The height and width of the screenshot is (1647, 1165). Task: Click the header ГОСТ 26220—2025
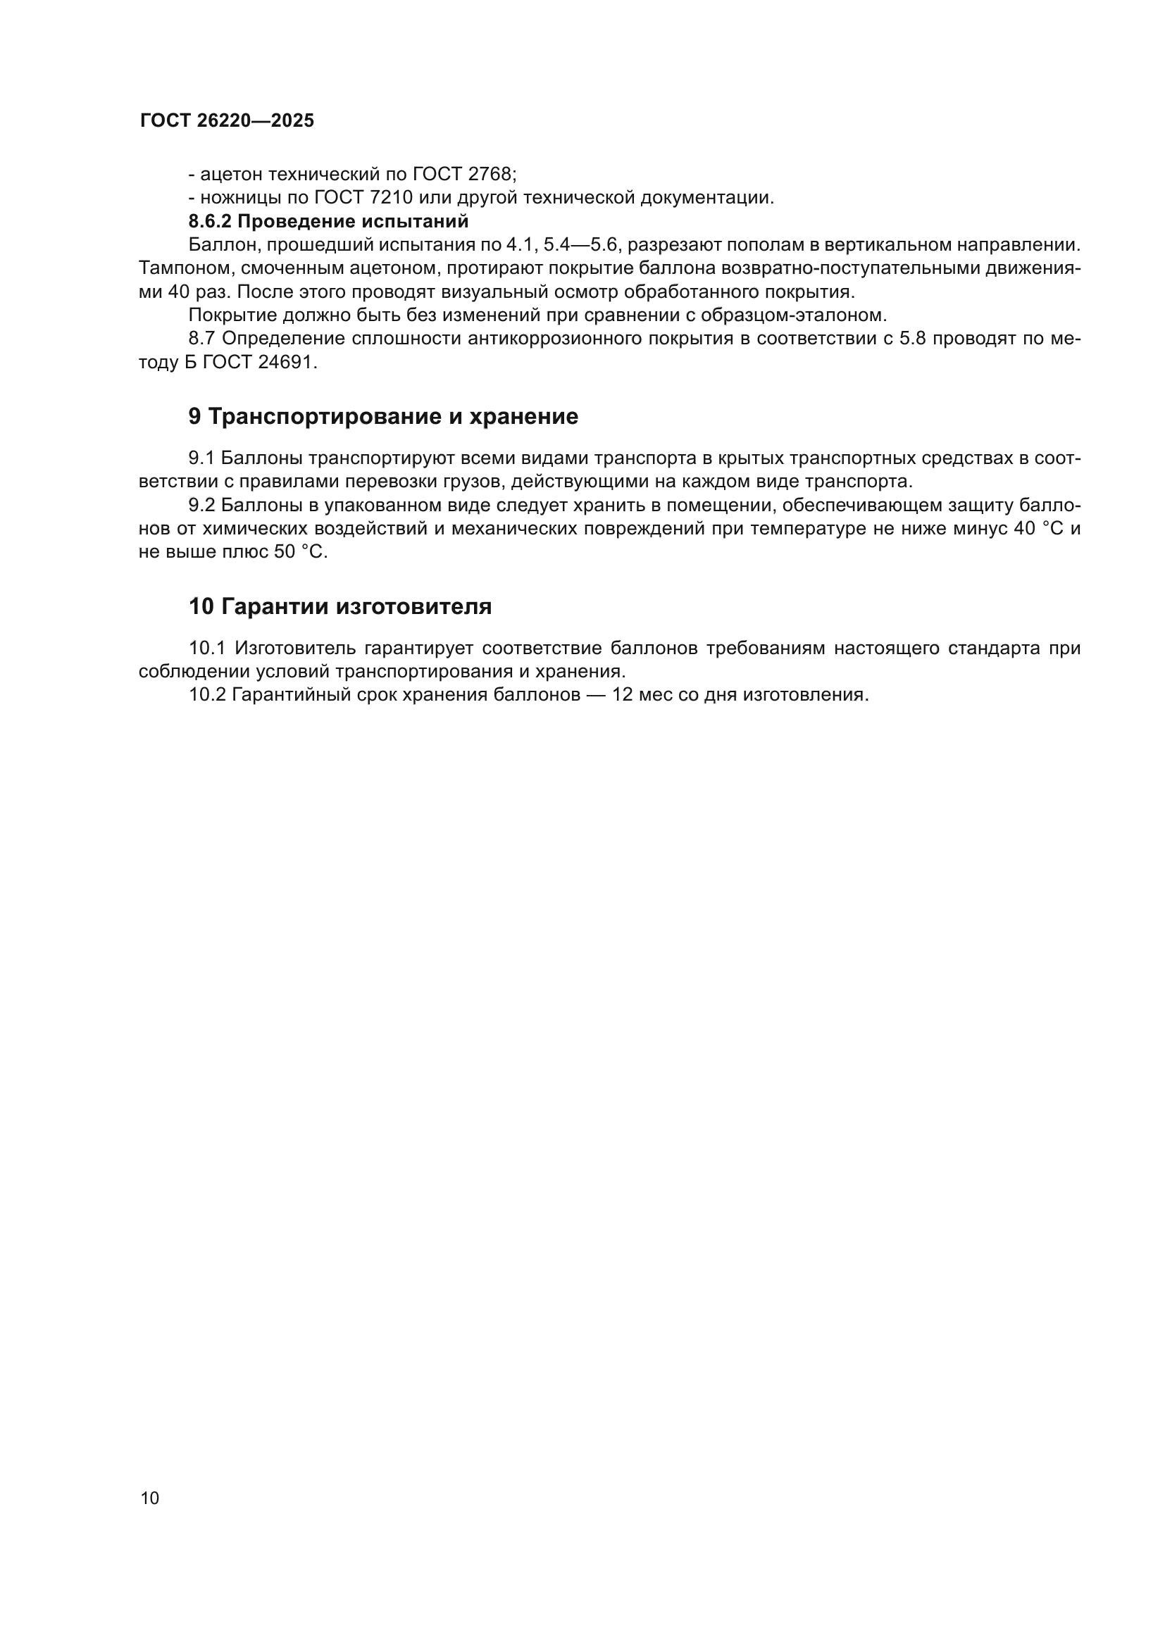pyautogui.click(x=227, y=120)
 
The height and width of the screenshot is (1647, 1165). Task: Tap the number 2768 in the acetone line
pyautogui.click(x=490, y=175)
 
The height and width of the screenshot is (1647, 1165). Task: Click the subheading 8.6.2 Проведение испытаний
pyautogui.click(x=328, y=221)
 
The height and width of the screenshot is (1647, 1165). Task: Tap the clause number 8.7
pyautogui.click(x=202, y=339)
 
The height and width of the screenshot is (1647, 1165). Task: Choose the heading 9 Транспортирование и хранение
pyautogui.click(x=383, y=417)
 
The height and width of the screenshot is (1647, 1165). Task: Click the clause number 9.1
pyautogui.click(x=201, y=458)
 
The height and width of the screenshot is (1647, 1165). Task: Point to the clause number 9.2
pyautogui.click(x=201, y=505)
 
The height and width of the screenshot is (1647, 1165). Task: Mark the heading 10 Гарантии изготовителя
pyautogui.click(x=340, y=607)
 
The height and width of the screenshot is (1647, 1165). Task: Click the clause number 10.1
pyautogui.click(x=207, y=649)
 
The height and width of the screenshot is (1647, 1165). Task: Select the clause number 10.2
pyautogui.click(x=207, y=695)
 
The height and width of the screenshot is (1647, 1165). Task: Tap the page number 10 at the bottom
pyautogui.click(x=150, y=1498)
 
